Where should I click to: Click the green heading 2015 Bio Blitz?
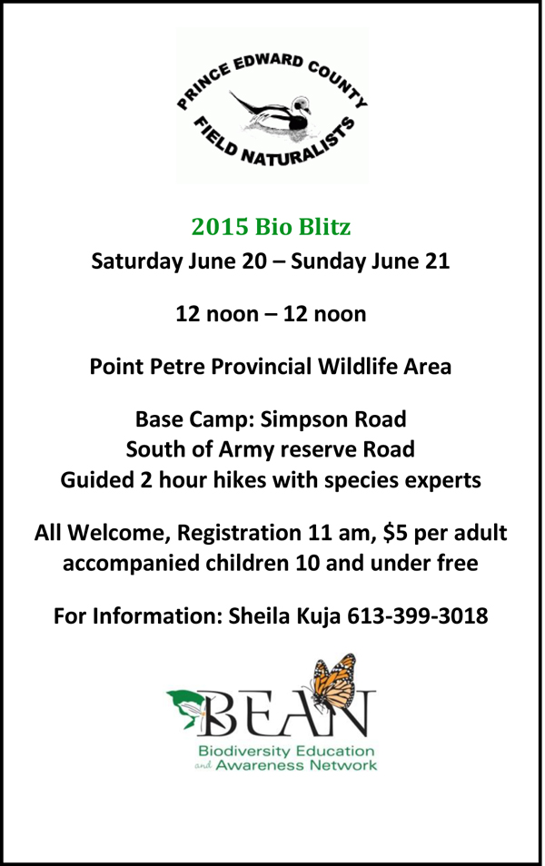click(271, 227)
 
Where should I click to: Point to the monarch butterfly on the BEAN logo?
click(333, 683)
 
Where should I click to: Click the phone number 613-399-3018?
click(417, 615)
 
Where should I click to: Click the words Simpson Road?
click(333, 419)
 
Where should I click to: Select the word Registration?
click(239, 533)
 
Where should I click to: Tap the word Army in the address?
click(242, 449)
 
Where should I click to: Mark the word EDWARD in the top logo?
click(268, 62)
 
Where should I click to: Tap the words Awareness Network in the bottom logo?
click(296, 765)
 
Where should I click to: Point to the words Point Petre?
click(146, 366)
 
